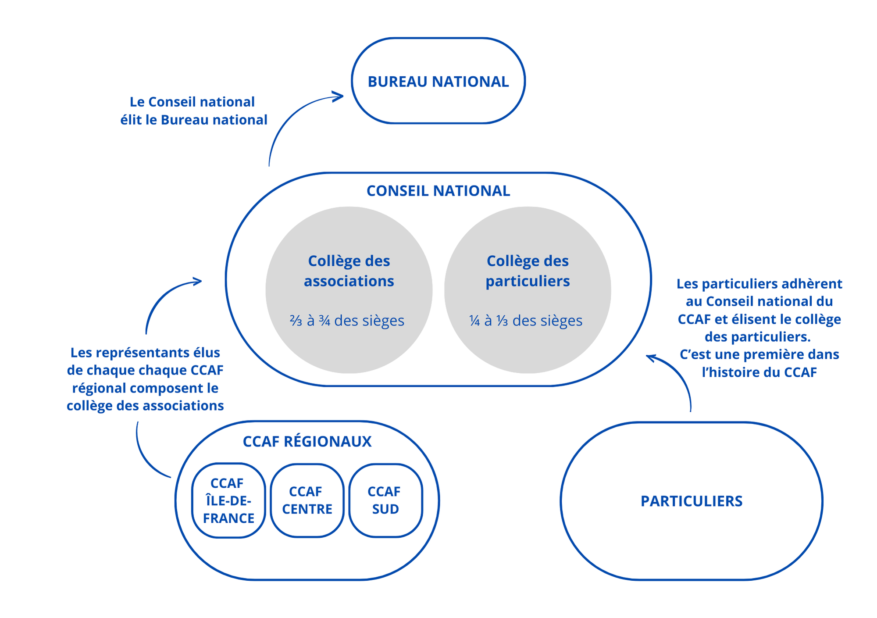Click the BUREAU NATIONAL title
pyautogui.click(x=438, y=82)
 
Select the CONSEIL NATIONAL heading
pyautogui.click(x=438, y=191)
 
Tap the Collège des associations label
pyautogui.click(x=349, y=271)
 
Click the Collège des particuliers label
pyautogui.click(x=528, y=271)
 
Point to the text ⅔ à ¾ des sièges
pyautogui.click(x=347, y=321)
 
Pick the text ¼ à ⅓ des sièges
pyautogui.click(x=526, y=321)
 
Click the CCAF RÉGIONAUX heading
pyautogui.click(x=307, y=441)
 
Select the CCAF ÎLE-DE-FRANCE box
pyautogui.click(x=228, y=500)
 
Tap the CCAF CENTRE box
pyautogui.click(x=307, y=500)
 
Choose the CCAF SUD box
pyautogui.click(x=385, y=500)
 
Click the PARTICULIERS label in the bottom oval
pyautogui.click(x=692, y=501)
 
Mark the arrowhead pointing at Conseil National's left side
pyautogui.click(x=198, y=281)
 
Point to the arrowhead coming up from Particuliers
pyautogui.click(x=651, y=358)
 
